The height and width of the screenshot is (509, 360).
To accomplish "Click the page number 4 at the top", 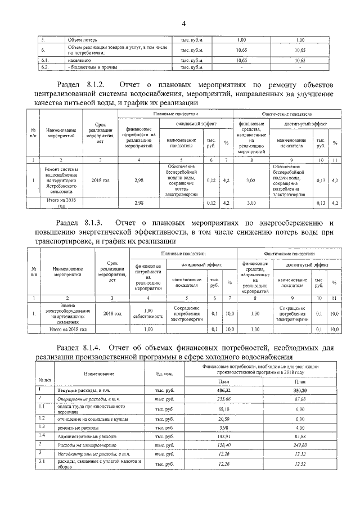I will point(183,23).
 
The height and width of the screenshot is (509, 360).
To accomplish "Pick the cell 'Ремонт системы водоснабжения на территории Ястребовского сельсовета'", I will point(62,181).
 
